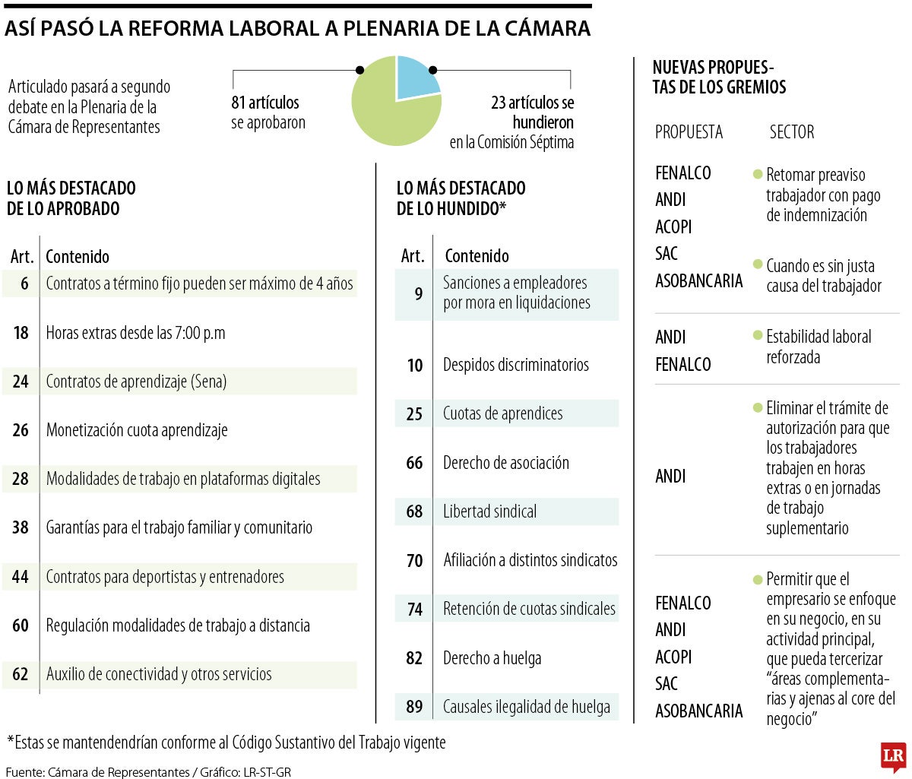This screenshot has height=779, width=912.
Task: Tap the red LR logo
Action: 893,756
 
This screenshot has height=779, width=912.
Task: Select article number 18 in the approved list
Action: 21,333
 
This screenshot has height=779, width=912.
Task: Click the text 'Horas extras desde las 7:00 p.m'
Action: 135,333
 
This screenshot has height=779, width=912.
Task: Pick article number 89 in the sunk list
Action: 414,707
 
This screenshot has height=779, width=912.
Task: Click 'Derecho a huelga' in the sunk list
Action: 492,658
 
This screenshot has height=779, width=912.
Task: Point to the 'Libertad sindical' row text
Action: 489,511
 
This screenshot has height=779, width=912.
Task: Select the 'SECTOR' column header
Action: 791,132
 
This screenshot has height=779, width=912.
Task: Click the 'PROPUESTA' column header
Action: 689,132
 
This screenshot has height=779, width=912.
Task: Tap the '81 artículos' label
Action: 265,103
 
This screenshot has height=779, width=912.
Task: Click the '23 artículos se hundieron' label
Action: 532,112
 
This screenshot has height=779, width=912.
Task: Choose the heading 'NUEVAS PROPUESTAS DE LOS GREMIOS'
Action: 718,77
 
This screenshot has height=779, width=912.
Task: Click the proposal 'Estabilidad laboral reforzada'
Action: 818,347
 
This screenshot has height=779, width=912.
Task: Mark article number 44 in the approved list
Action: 21,577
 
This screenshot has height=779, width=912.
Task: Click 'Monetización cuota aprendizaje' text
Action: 137,430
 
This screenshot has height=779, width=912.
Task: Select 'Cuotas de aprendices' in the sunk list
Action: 502,413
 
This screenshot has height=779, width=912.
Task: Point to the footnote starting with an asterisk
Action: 226,742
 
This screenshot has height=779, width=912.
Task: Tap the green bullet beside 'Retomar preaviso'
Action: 757,174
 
